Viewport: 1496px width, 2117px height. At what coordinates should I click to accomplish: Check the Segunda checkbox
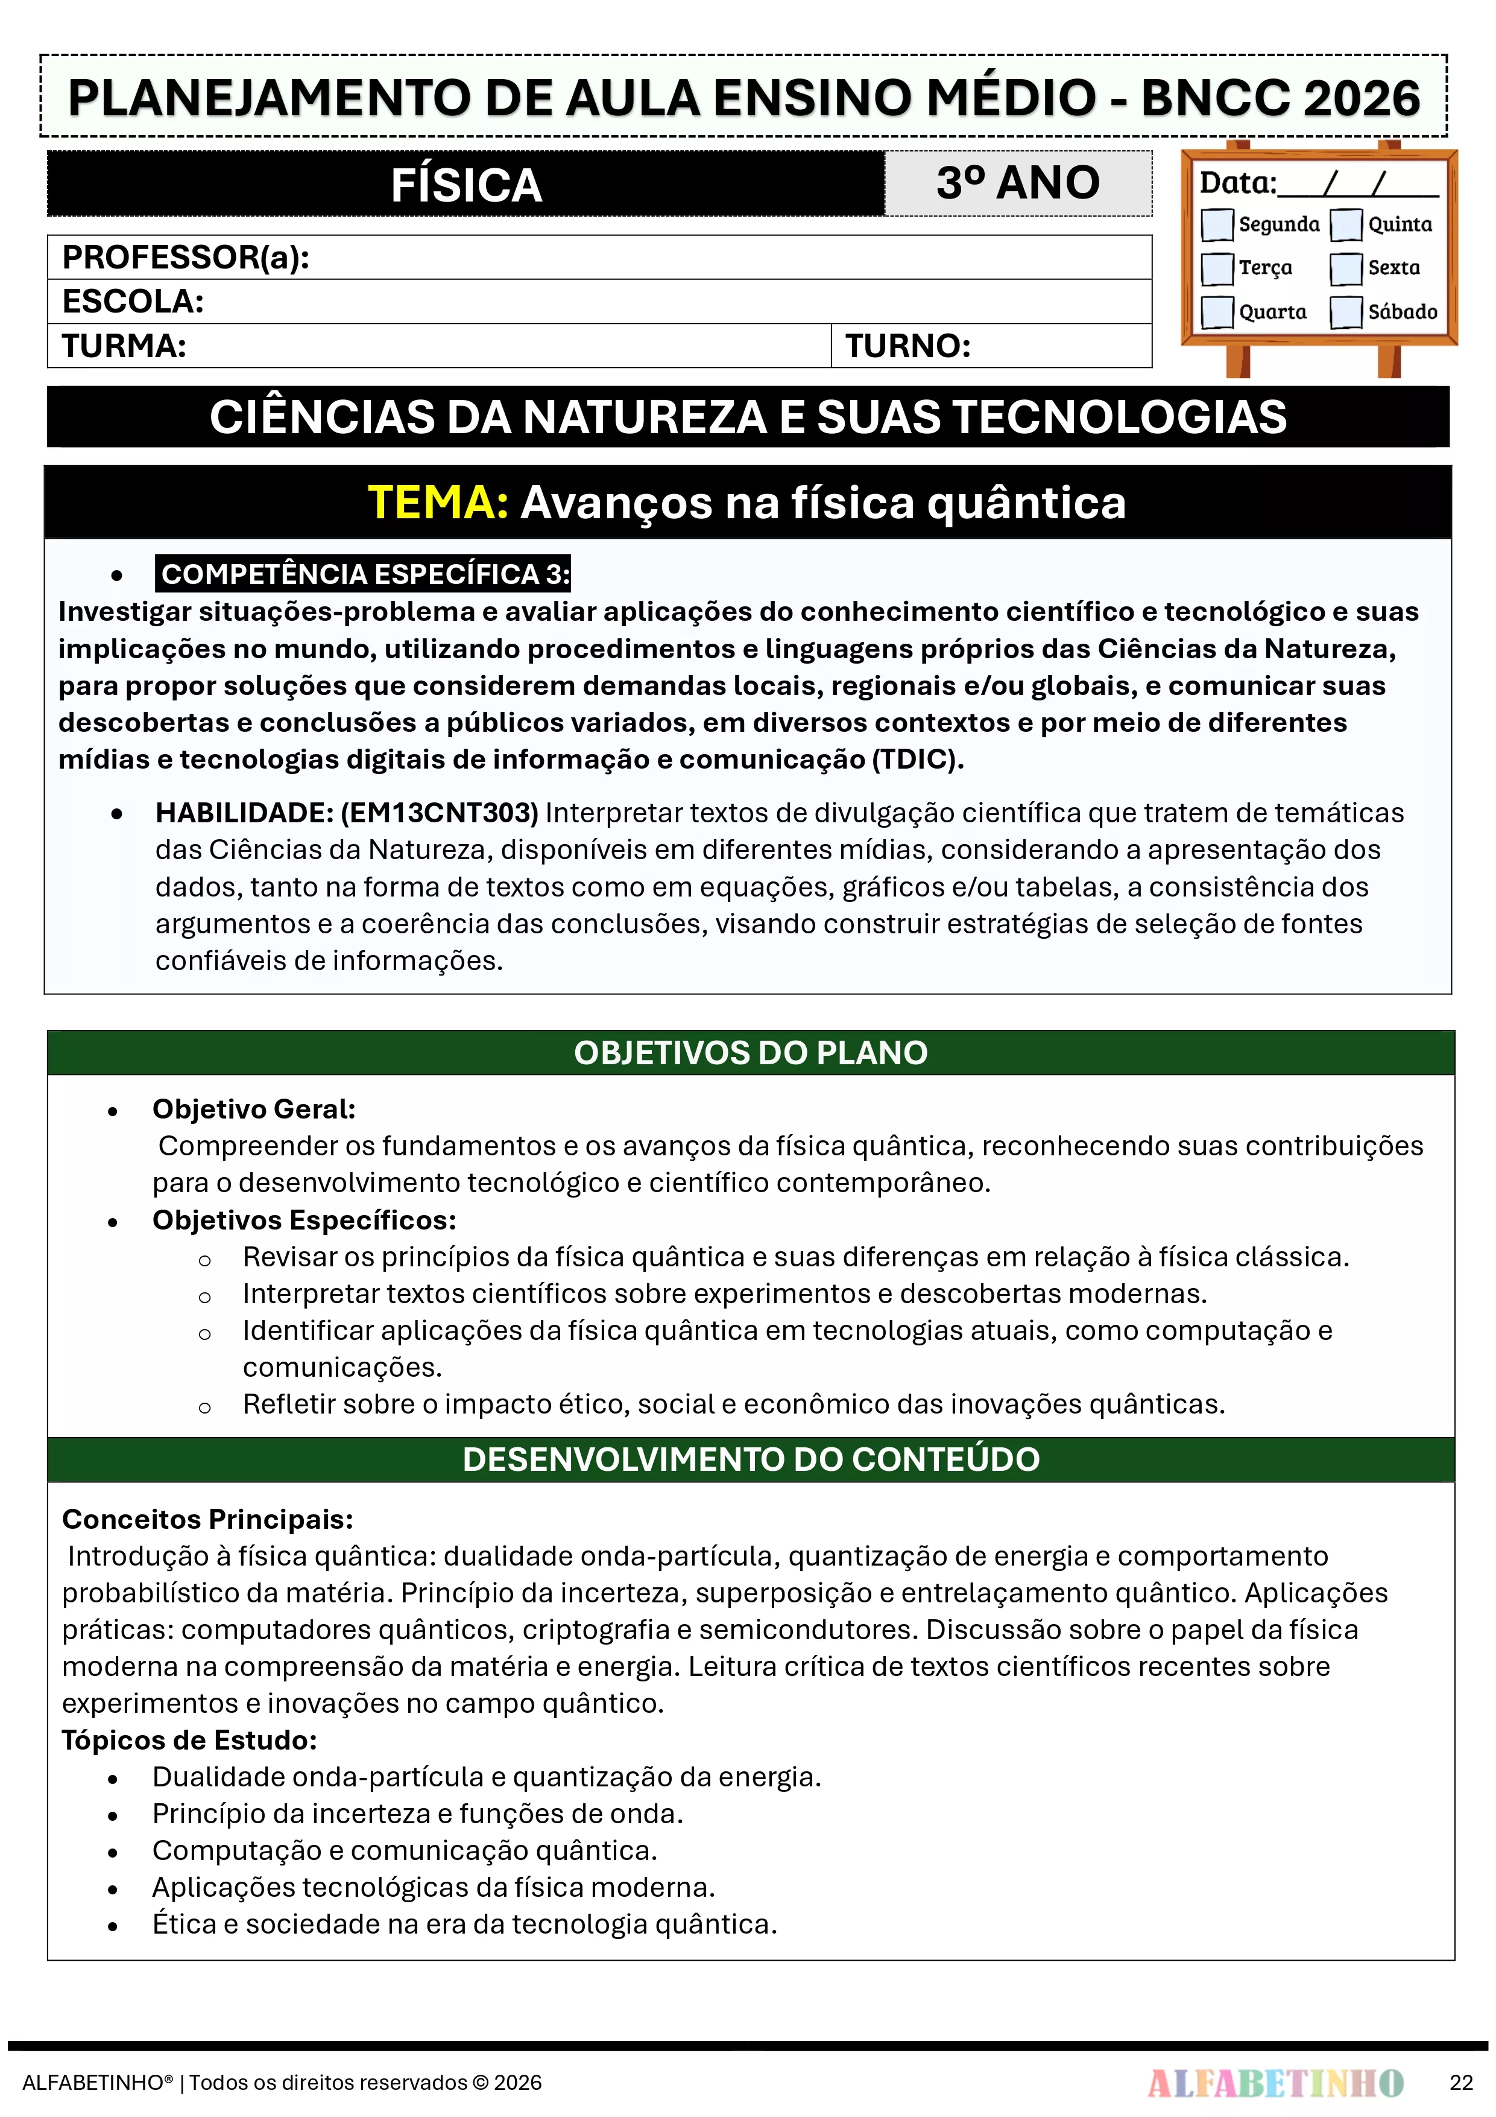[x=1217, y=224]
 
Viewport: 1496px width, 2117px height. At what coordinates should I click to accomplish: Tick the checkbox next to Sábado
[x=1346, y=312]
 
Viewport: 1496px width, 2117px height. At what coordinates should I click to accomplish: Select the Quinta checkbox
[x=1346, y=224]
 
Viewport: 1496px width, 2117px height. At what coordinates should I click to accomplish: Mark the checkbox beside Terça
[x=1217, y=268]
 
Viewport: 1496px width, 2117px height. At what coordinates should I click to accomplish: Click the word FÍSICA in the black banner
[x=466, y=185]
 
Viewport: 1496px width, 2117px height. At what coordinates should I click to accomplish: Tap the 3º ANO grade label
[x=1018, y=183]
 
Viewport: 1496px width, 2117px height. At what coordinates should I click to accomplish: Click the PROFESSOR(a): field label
[x=185, y=257]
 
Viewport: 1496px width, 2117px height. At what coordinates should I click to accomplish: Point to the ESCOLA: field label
[x=133, y=302]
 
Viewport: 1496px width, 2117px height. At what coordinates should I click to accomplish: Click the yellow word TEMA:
[x=438, y=503]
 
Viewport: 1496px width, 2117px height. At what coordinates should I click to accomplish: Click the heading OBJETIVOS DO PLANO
[x=750, y=1053]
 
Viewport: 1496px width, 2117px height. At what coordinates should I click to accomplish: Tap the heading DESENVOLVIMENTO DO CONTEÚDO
[x=750, y=1459]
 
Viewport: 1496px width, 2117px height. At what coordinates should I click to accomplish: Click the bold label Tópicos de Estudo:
[x=189, y=1740]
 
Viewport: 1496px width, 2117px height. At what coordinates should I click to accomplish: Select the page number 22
[x=1461, y=2083]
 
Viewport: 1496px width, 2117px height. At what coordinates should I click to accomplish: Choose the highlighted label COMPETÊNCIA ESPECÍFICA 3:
[x=365, y=574]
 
